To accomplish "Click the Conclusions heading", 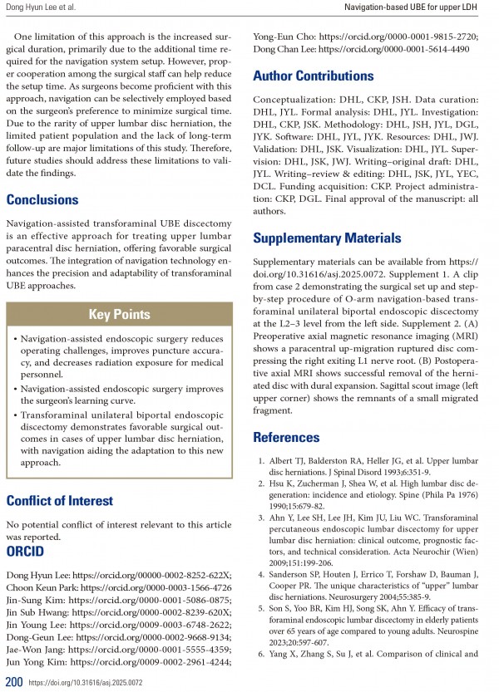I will [x=42, y=199].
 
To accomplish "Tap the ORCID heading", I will [x=27, y=551].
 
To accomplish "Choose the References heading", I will [x=286, y=437].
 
